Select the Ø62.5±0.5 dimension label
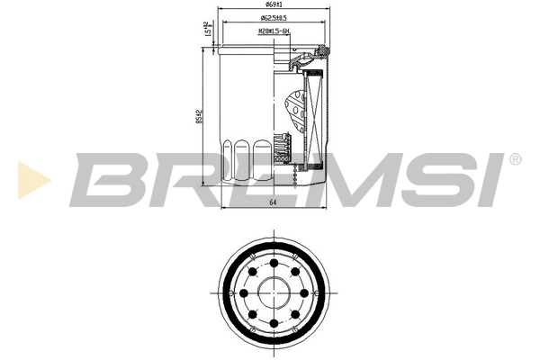tap(273, 18)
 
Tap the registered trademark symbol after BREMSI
tap(514, 160)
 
